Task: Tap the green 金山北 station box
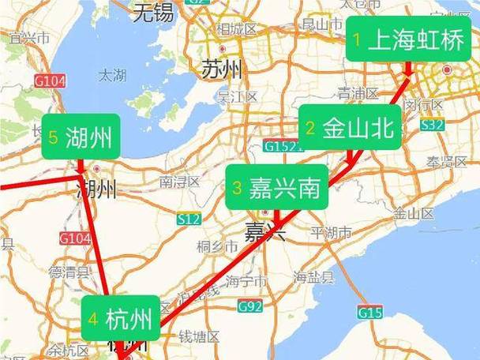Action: click(x=350, y=129)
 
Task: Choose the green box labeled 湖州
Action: click(x=77, y=137)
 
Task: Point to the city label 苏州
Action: click(x=222, y=69)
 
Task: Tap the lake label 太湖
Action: click(x=112, y=76)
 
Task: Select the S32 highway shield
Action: click(x=432, y=125)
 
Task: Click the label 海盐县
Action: click(x=314, y=277)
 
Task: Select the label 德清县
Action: click(x=66, y=272)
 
